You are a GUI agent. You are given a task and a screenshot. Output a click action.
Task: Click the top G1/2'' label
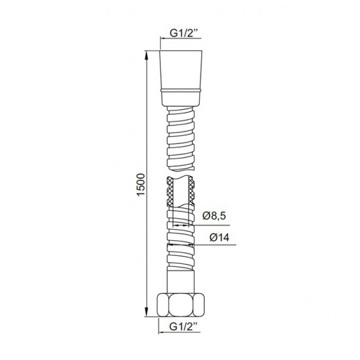tap(184, 33)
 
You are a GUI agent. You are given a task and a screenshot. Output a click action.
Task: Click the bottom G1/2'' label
tap(183, 327)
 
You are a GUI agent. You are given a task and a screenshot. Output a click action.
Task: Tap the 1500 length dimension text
tap(141, 185)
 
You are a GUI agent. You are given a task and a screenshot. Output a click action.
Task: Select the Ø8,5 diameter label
tap(214, 216)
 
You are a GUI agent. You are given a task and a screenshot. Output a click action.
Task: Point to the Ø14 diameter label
tap(219, 238)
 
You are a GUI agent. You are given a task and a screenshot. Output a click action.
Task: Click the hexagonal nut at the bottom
tap(181, 305)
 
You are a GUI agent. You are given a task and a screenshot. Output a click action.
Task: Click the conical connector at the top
tap(181, 79)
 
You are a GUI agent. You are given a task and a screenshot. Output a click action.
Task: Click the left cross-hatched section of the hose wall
tap(170, 191)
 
